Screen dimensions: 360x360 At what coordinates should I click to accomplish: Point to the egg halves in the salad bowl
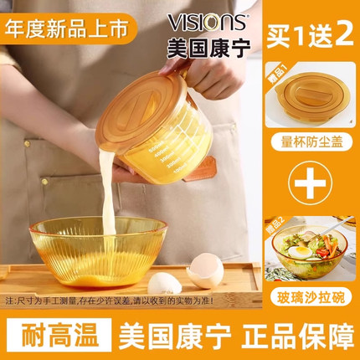pyautogui.click(x=296, y=250)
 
